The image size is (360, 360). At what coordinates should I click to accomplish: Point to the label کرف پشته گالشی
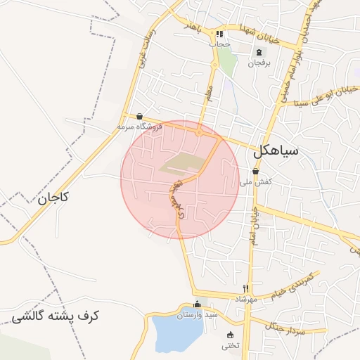pos(56,316)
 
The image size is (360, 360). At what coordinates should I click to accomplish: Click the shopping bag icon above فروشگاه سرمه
pos(139,117)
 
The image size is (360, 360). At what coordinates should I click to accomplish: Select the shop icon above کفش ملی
pos(255,171)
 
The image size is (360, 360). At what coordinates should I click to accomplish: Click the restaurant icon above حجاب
pos(219,34)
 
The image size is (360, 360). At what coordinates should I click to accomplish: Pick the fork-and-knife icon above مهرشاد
pos(246,288)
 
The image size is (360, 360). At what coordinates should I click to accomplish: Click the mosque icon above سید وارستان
pos(197,304)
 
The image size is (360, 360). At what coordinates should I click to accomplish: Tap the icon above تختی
pos(230,335)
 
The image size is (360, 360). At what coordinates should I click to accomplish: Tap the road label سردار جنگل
pos(286,324)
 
